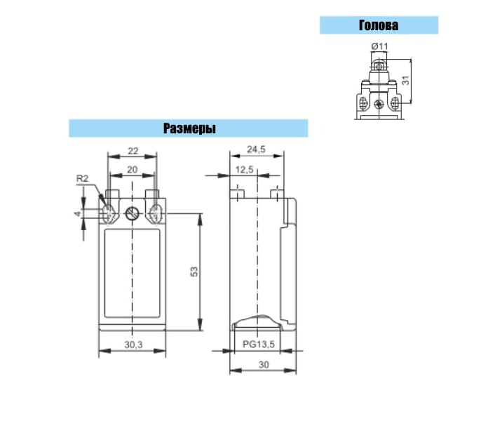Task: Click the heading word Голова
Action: [379, 25]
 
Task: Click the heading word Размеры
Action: [189, 128]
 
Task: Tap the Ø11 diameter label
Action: [379, 46]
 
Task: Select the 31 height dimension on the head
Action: [406, 80]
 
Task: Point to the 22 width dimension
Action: [133, 151]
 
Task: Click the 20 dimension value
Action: [133, 170]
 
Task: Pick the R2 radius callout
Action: [83, 179]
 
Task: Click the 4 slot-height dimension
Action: [78, 214]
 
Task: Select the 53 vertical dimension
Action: [194, 272]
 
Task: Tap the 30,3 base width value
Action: [133, 345]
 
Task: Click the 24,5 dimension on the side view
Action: [256, 149]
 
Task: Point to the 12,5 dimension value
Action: [244, 170]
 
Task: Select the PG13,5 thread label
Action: [259, 345]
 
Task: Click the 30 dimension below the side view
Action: [264, 365]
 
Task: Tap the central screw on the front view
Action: [133, 214]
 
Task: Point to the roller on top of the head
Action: [379, 66]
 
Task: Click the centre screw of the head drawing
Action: [378, 104]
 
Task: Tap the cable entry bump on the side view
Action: [257, 321]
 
